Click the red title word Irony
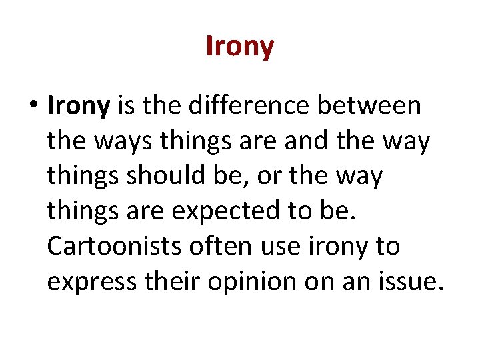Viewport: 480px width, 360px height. click(240, 47)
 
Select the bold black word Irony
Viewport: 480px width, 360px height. click(78, 106)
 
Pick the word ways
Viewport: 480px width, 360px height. click(122, 141)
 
